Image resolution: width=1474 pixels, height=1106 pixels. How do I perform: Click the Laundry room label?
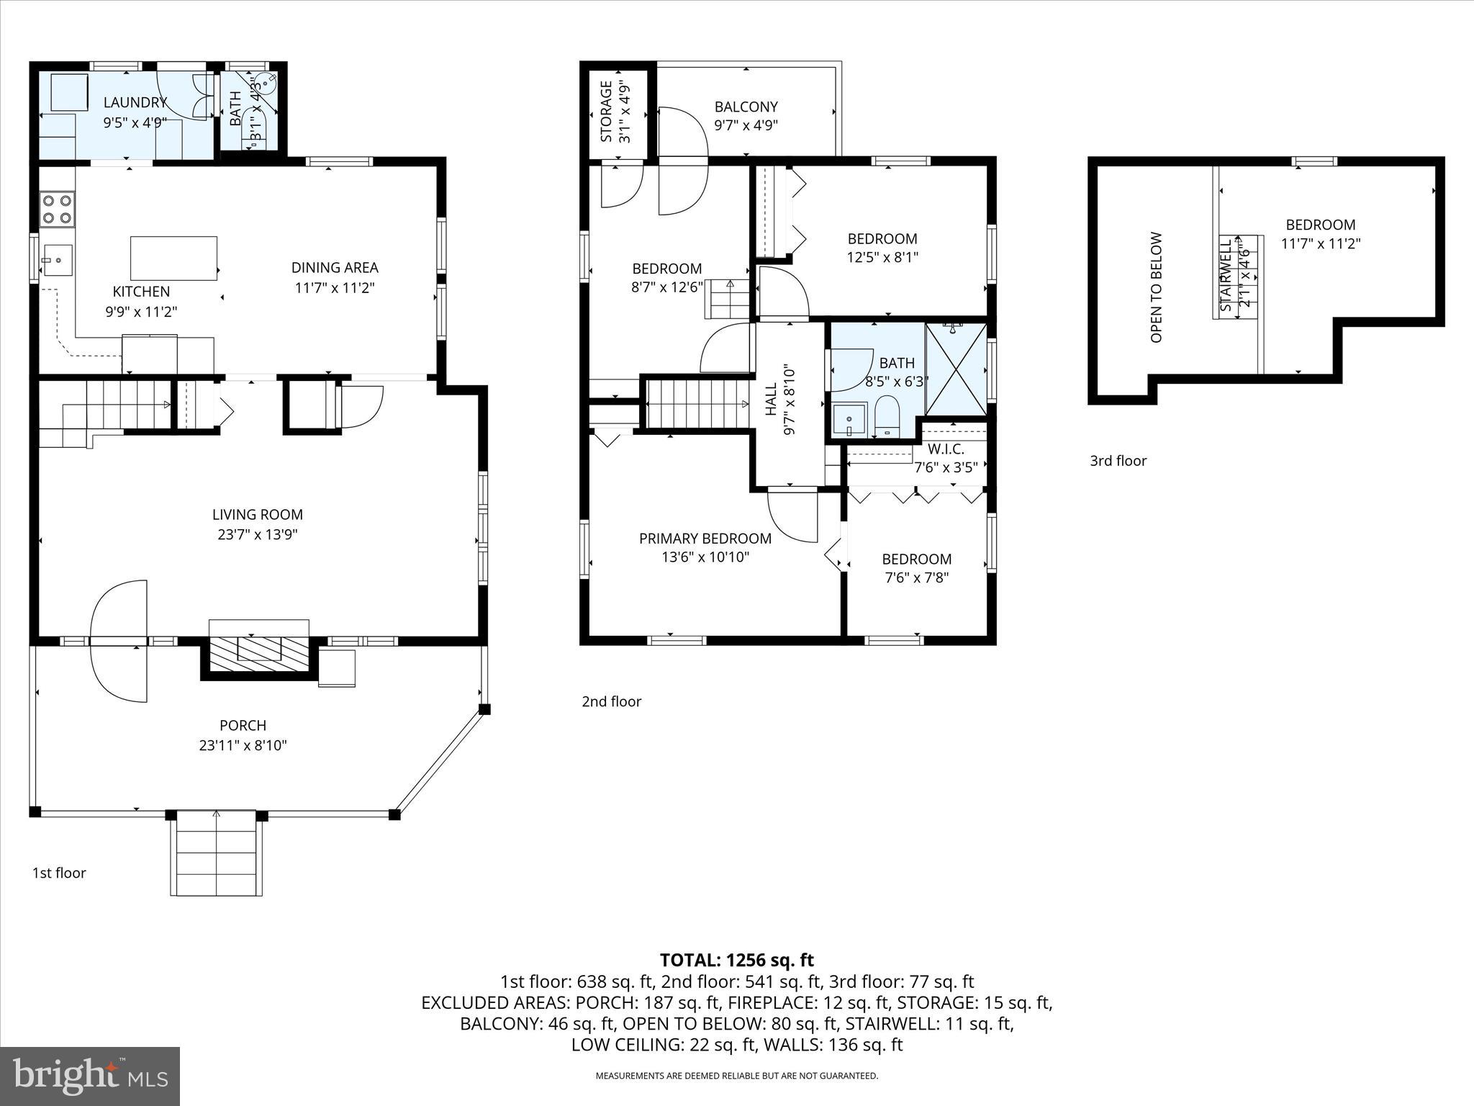(x=135, y=103)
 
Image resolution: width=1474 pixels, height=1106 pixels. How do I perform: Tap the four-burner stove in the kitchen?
(x=57, y=208)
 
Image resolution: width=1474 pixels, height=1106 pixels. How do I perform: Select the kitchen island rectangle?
(x=173, y=258)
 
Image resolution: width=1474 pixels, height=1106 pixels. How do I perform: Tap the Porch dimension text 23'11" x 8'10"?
(x=243, y=745)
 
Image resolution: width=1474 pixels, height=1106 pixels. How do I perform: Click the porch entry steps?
(x=217, y=853)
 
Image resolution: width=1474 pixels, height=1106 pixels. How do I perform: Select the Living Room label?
(x=258, y=515)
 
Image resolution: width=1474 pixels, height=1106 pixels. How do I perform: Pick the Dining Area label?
(x=335, y=268)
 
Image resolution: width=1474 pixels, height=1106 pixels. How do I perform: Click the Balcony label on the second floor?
(x=746, y=107)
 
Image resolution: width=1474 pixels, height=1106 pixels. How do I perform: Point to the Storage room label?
(x=606, y=112)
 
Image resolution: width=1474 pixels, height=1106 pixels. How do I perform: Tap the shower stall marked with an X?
(x=956, y=369)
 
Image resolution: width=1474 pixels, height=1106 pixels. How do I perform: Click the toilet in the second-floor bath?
(x=887, y=416)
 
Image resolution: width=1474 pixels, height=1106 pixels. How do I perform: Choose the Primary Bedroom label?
(x=705, y=539)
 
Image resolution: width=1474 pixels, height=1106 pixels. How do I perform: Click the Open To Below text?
(x=1157, y=287)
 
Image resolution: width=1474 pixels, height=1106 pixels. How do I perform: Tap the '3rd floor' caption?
(x=1118, y=461)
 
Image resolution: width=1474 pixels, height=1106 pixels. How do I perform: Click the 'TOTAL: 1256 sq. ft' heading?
(x=737, y=960)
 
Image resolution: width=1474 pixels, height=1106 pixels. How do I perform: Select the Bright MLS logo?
(x=90, y=1076)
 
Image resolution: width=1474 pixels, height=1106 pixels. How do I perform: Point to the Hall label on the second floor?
(x=772, y=400)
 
